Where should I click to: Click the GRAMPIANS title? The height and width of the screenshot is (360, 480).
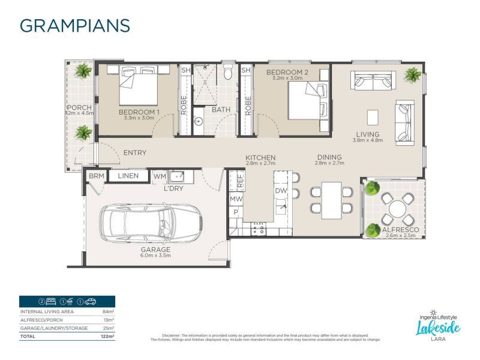coord(75,26)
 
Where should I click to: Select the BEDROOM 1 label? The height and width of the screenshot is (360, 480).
coord(139,112)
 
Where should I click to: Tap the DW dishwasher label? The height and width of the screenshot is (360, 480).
coord(281,190)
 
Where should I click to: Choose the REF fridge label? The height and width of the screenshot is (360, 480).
coord(240,179)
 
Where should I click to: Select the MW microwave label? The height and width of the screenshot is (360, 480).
coord(236,199)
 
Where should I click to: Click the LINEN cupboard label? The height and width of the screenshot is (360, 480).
coord(128,176)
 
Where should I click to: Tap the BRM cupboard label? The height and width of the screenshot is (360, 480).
coord(95,176)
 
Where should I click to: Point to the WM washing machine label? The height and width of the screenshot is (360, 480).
coord(159,176)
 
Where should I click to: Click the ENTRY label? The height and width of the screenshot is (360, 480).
coord(134,153)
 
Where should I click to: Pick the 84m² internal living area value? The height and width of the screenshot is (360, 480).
coord(109,312)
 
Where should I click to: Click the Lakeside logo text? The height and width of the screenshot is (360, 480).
coord(438,327)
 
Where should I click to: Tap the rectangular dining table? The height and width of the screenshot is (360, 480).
coord(331,200)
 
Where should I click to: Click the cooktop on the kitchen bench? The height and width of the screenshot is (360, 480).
coord(260,228)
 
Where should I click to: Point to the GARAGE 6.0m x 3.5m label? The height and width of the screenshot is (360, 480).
coord(156,252)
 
